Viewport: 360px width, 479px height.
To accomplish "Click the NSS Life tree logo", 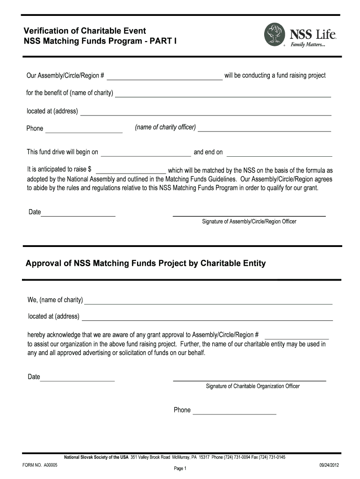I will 275,35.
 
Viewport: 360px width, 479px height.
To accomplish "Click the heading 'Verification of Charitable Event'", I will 85,31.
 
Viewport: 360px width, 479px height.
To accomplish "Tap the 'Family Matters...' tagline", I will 308,45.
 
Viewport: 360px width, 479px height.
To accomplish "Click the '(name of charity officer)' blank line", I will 264,128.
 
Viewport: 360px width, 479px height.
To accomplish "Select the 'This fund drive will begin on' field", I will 146,152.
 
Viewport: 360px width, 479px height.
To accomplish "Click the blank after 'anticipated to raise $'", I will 130,170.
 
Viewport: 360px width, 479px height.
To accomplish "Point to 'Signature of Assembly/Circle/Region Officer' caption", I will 249,221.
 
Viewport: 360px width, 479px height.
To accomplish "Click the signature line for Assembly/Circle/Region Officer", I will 249,215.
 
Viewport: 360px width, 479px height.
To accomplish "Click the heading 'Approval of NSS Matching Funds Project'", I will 145,263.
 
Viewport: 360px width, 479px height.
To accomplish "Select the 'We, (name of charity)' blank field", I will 208,300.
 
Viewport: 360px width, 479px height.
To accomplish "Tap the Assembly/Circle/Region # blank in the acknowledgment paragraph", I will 297,335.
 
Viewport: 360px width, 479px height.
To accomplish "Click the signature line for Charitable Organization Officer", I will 249,379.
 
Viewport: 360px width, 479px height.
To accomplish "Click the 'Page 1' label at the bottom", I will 180,469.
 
